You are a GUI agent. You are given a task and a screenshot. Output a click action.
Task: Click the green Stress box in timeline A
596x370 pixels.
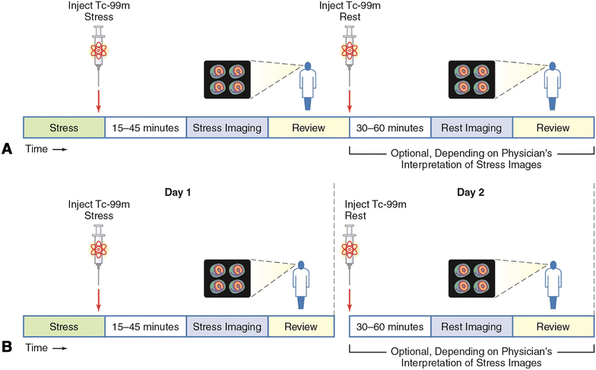63,127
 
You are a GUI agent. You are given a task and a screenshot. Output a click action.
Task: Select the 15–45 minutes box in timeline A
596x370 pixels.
144,127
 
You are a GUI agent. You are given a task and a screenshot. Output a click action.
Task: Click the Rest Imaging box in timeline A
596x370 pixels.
471,127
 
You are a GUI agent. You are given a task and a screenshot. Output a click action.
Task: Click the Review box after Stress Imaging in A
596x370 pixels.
308,127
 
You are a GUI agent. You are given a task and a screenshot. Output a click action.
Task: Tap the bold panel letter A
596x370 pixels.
8,150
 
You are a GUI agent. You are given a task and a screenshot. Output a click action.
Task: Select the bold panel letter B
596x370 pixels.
8,348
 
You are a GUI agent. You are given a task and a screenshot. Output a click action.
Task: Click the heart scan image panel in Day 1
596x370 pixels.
227,277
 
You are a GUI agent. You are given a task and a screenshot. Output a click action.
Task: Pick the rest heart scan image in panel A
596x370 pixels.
471,78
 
